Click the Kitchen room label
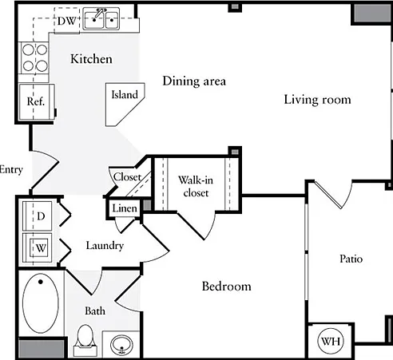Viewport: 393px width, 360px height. point(91,59)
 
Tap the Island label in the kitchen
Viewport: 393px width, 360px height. point(125,94)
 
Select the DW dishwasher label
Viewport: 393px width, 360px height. point(66,21)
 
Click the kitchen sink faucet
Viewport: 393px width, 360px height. point(99,14)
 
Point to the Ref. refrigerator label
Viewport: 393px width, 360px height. point(36,101)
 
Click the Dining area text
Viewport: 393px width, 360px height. point(194,81)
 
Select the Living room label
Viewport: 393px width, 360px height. point(317,100)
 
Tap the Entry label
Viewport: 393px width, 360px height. point(11,170)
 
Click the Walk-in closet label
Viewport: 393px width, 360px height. point(196,186)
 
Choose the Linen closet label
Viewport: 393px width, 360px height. point(125,208)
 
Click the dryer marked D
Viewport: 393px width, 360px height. point(37,216)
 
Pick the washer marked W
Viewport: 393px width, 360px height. point(38,248)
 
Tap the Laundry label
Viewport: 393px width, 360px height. point(105,246)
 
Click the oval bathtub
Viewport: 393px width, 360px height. point(41,303)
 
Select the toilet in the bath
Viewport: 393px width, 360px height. point(85,340)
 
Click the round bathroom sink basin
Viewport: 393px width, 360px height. point(121,345)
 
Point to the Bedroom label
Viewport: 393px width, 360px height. point(226,287)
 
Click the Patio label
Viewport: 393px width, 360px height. point(351,259)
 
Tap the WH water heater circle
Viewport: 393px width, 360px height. point(331,341)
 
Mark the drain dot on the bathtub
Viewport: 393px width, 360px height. point(41,282)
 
